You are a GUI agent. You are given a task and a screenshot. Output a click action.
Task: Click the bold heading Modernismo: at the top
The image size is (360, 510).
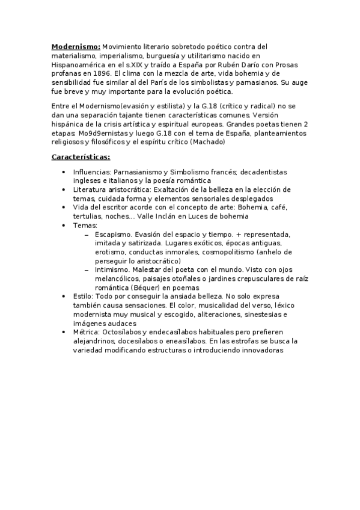tap(76, 46)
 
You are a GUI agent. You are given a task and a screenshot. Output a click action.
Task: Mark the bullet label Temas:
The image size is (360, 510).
tap(85, 225)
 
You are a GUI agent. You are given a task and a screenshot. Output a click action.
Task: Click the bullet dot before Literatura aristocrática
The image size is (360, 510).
tap(65, 189)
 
